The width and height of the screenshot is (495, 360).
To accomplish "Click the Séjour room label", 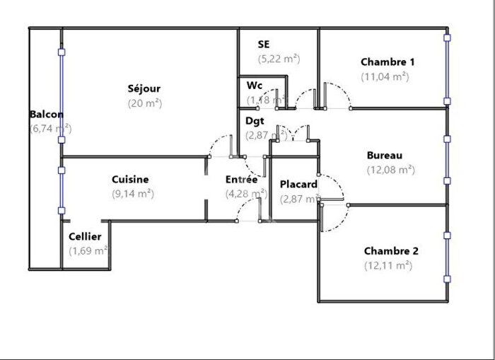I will point(144,88).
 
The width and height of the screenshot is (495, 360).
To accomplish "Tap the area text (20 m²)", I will point(144,103).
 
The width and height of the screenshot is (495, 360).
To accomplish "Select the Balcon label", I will point(47,115).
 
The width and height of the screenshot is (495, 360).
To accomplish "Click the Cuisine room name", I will point(130,180).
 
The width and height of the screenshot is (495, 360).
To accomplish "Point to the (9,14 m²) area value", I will point(133,193).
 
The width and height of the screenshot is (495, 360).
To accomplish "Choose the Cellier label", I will point(85,236).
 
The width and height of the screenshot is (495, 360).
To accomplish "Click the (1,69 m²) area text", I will point(88,250).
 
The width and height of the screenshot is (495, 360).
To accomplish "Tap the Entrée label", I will point(241,180).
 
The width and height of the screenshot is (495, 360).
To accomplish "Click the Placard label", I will point(298,185).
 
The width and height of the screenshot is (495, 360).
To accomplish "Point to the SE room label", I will point(264,45).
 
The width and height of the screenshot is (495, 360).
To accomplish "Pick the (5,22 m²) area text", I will point(279,59).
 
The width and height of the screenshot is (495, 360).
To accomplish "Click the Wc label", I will point(255,86).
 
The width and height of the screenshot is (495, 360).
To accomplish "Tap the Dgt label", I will point(255,120).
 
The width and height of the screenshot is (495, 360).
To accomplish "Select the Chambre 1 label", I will point(388,62).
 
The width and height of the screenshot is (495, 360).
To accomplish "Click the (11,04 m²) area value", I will point(385,76).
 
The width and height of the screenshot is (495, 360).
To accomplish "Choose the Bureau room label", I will point(385,155).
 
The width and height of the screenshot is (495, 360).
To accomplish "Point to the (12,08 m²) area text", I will point(390,169).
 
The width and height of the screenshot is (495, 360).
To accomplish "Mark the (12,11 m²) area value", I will point(388,265).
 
